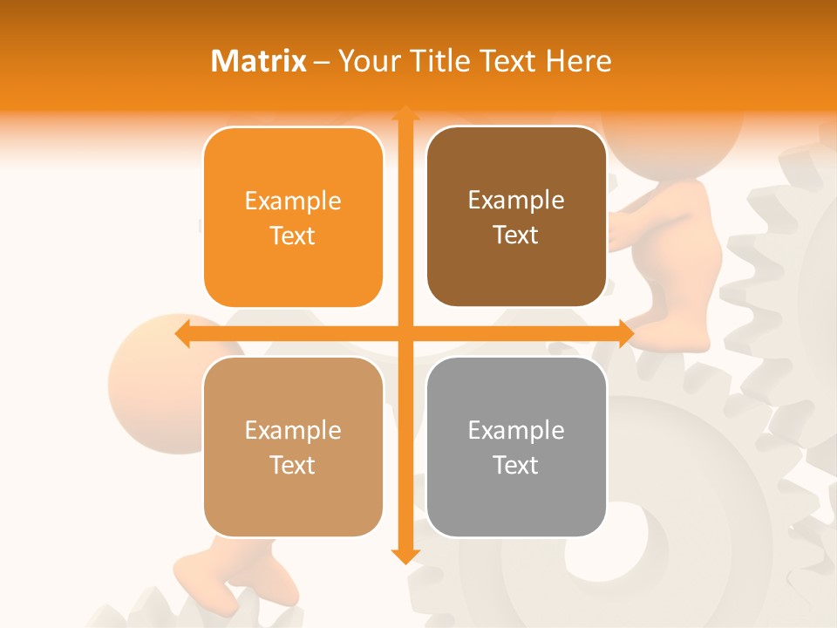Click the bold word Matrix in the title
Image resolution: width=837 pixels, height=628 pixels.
(x=259, y=61)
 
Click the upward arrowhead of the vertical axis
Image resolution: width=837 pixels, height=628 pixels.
(x=405, y=113)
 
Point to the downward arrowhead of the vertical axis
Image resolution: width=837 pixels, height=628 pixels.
(x=405, y=556)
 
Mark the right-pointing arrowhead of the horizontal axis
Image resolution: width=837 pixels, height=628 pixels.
(x=626, y=333)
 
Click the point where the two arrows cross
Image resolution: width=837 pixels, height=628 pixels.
(x=405, y=333)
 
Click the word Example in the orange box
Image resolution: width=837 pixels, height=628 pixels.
(x=293, y=201)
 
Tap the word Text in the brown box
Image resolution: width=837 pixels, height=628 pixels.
(x=516, y=235)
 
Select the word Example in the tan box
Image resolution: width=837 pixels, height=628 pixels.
(x=293, y=431)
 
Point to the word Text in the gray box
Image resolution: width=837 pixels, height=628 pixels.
(x=516, y=465)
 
